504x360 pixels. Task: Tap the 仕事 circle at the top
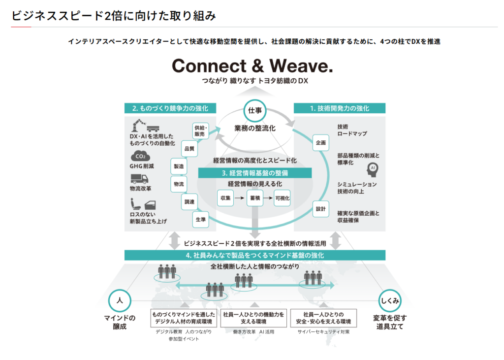(254, 110)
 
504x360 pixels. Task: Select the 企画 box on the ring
(321, 143)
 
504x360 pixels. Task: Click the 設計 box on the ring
(321, 209)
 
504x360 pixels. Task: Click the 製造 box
(178, 166)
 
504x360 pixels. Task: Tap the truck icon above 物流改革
(139, 178)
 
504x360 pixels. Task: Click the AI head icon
(372, 168)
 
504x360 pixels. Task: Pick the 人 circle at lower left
(119, 300)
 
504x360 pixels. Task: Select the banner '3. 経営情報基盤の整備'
(255, 173)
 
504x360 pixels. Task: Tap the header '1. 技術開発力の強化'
(339, 108)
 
